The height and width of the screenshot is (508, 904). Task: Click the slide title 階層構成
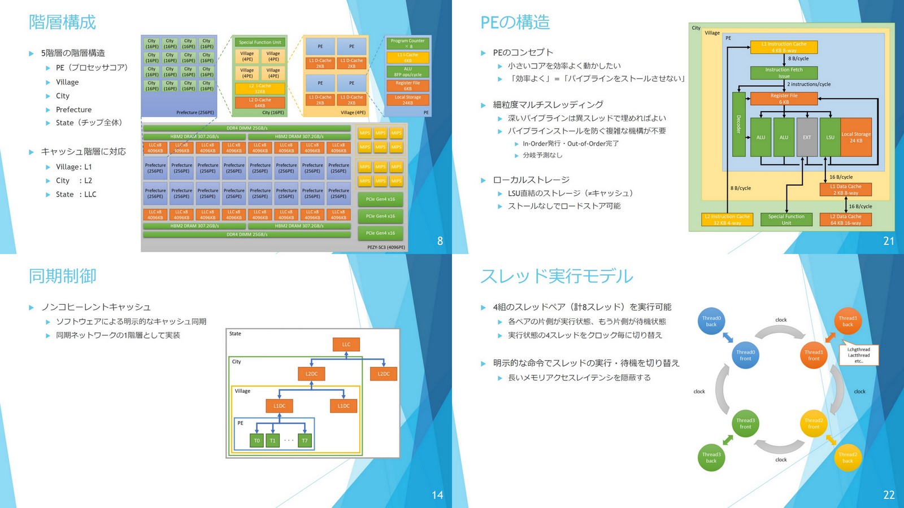(x=62, y=22)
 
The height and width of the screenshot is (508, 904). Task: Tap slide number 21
(x=888, y=241)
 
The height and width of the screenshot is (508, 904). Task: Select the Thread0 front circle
(x=745, y=355)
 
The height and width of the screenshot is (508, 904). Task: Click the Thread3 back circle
(x=711, y=457)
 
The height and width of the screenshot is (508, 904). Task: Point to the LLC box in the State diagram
(x=346, y=344)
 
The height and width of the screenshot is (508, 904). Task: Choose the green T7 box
(x=305, y=441)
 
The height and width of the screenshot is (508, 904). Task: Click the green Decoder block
(x=738, y=124)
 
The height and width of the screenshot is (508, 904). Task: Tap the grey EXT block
(x=807, y=137)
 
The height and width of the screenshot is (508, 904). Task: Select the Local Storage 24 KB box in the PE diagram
(x=856, y=137)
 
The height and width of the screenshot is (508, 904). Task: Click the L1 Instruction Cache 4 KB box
(x=784, y=47)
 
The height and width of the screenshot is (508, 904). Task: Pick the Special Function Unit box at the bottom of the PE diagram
(x=786, y=220)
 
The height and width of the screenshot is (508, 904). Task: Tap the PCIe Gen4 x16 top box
(x=380, y=199)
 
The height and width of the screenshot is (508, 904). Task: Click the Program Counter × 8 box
(x=408, y=43)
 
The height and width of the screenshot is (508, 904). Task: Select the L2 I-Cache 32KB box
(x=260, y=89)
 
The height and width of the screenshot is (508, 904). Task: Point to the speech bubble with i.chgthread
(x=859, y=355)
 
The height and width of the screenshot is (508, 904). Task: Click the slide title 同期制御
(x=62, y=276)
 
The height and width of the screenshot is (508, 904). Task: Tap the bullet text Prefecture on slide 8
(x=73, y=110)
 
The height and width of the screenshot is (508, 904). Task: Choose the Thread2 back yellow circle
(x=847, y=457)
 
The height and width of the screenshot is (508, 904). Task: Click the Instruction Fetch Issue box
(x=784, y=73)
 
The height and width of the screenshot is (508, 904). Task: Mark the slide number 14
(x=437, y=495)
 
